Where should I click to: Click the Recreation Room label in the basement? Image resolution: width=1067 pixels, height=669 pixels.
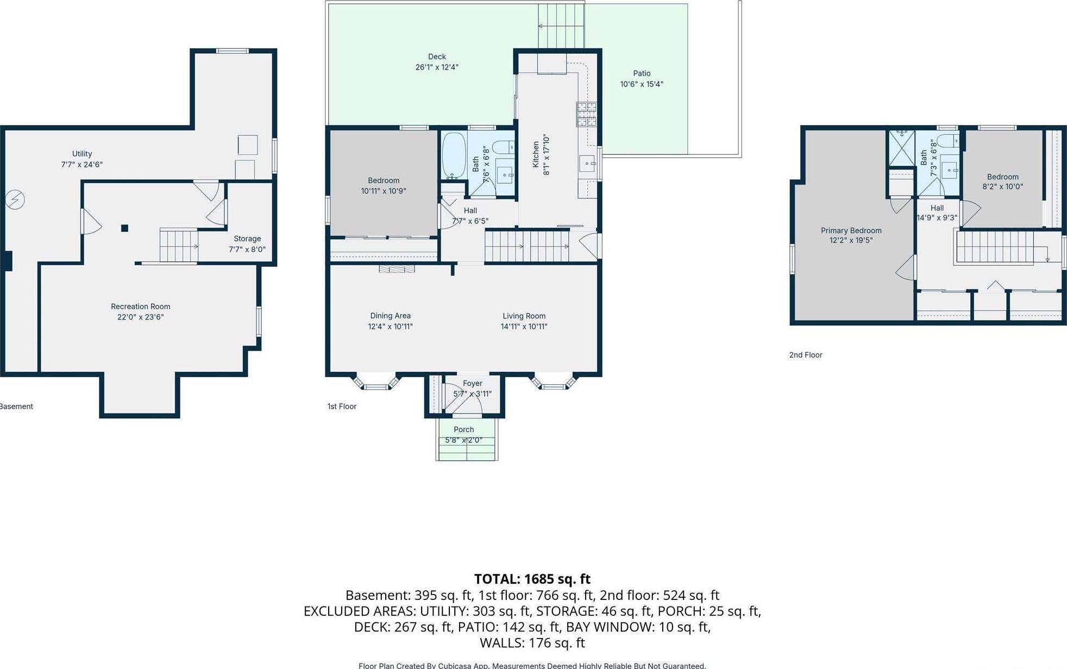[141, 307]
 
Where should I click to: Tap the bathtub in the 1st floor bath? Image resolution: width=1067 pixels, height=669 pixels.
[454, 155]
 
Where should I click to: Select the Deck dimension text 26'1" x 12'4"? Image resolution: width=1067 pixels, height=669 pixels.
[437, 67]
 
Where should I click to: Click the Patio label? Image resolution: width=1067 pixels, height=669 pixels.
[642, 73]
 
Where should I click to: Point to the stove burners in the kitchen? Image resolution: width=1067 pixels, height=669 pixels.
[586, 114]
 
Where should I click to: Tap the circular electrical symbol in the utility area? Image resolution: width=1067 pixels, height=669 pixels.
[15, 200]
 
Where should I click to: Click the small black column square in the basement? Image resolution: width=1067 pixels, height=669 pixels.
[124, 228]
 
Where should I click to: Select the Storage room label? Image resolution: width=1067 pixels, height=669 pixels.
[247, 239]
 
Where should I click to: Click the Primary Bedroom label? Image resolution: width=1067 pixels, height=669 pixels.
[851, 230]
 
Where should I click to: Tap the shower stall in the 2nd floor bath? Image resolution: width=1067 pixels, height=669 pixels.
[901, 147]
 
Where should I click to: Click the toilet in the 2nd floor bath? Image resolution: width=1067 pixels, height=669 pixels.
[950, 142]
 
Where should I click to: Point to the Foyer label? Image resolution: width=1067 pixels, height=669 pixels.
[472, 383]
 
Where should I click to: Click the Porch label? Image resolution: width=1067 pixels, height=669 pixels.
[463, 429]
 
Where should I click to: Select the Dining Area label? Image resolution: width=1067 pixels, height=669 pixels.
[390, 316]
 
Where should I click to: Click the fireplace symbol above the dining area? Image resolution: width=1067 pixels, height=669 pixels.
[397, 268]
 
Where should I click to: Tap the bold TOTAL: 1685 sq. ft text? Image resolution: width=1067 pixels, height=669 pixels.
[532, 579]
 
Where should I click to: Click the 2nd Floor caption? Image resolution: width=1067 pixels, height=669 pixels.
[806, 355]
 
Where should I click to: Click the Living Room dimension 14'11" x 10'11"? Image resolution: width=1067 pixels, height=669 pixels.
[524, 327]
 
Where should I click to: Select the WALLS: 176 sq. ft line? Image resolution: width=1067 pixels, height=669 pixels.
[532, 643]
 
